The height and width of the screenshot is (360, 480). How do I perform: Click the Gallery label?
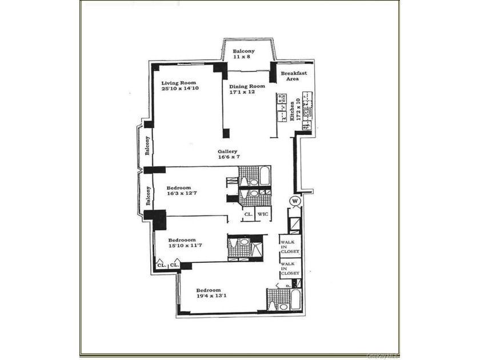pyautogui.click(x=227, y=152)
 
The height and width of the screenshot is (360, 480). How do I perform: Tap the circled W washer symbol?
pyautogui.click(x=295, y=201)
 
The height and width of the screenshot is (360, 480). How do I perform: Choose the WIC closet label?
pyautogui.click(x=263, y=214)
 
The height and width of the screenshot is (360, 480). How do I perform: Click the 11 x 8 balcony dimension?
pyautogui.click(x=243, y=58)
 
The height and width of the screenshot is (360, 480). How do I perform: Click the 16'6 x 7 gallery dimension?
pyautogui.click(x=227, y=158)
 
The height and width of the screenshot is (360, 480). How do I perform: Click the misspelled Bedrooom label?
pyautogui.click(x=182, y=239)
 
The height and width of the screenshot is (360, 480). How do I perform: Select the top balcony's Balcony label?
pyautogui.click(x=243, y=51)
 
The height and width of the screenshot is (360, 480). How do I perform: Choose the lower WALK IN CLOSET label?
pyautogui.click(x=290, y=269)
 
